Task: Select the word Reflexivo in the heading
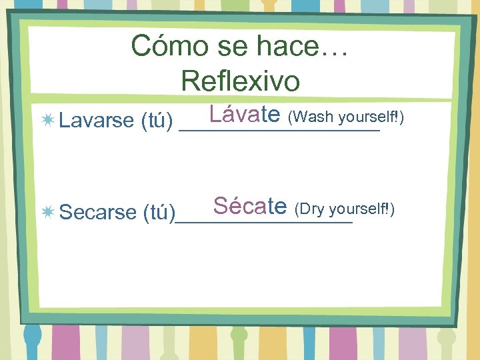240,81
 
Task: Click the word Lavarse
97,121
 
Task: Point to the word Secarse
97,213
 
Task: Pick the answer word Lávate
244,115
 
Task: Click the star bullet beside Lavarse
47,120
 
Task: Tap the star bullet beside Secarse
47,212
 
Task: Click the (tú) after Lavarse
157,121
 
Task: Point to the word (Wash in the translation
311,117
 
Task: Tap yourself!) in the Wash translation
371,117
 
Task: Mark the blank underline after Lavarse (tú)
280,131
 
